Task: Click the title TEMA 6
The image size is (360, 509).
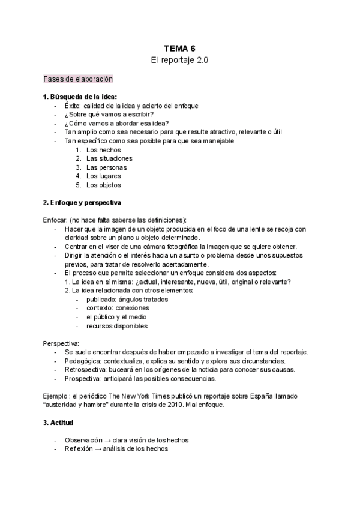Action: [x=179, y=48]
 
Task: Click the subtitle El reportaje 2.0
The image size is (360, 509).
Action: [x=179, y=61]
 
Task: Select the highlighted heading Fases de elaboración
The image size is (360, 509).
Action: [x=78, y=79]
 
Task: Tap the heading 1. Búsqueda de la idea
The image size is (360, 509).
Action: [x=80, y=97]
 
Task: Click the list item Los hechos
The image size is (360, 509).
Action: [x=103, y=149]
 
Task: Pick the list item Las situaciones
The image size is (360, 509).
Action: [x=109, y=158]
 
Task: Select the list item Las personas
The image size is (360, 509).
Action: [x=106, y=167]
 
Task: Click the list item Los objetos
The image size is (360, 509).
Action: [x=103, y=185]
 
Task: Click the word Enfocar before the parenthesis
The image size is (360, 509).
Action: [x=55, y=220]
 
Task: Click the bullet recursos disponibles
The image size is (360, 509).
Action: [x=116, y=326]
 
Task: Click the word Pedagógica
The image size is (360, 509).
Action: [x=82, y=361]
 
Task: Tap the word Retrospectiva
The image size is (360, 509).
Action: [x=85, y=370]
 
